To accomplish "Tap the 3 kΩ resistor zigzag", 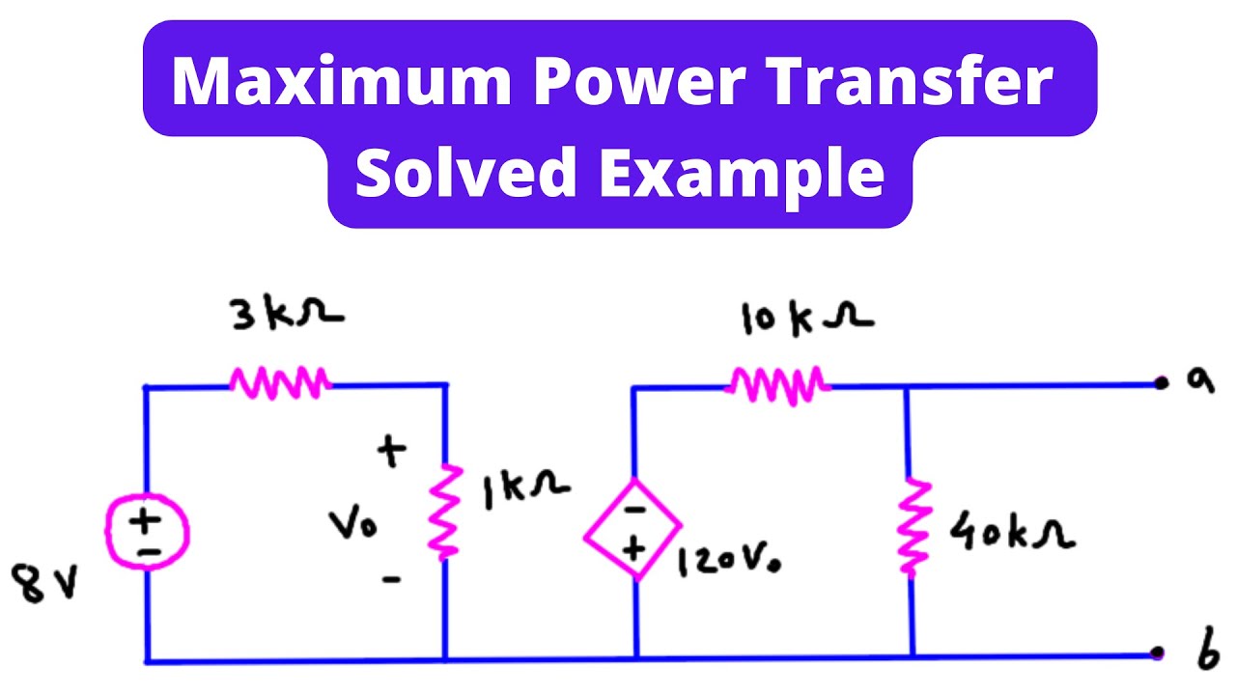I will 280,383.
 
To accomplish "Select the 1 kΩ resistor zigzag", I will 445,512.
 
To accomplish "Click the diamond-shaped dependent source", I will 633,530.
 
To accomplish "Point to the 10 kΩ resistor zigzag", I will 778,383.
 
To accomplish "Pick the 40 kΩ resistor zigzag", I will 912,526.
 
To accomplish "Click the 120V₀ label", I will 730,560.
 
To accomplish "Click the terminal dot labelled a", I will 1161,383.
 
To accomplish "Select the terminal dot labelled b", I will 1158,653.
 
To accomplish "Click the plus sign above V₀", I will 391,452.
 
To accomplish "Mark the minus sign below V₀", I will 390,580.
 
